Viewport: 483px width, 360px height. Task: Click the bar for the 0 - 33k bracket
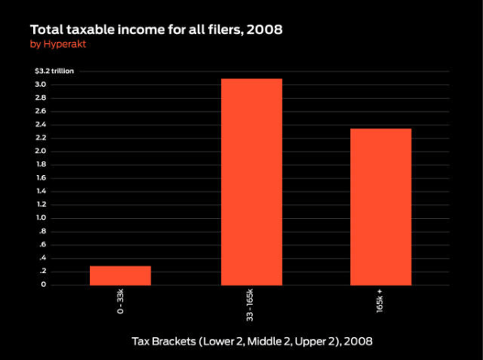click(121, 276)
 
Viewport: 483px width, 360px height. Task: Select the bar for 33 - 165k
click(252, 182)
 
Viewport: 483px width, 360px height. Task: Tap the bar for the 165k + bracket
click(381, 207)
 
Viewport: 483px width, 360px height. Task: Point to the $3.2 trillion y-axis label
click(54, 71)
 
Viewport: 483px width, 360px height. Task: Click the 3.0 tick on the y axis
click(41, 84)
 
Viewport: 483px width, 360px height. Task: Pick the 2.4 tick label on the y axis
click(41, 125)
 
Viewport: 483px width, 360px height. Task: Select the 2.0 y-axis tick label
click(41, 151)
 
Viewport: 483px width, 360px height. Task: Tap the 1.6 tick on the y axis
click(41, 178)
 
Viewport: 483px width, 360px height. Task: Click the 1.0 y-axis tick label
click(41, 217)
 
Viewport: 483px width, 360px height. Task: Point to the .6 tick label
click(42, 245)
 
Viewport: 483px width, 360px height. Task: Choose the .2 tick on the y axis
click(42, 272)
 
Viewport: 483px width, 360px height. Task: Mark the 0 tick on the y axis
click(44, 285)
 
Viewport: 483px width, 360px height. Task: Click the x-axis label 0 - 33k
click(121, 301)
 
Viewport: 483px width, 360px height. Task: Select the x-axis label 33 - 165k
click(250, 305)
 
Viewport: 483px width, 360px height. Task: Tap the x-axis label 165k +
click(379, 301)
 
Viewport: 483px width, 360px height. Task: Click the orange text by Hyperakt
click(58, 44)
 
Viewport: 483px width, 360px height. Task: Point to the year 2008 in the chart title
click(265, 30)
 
